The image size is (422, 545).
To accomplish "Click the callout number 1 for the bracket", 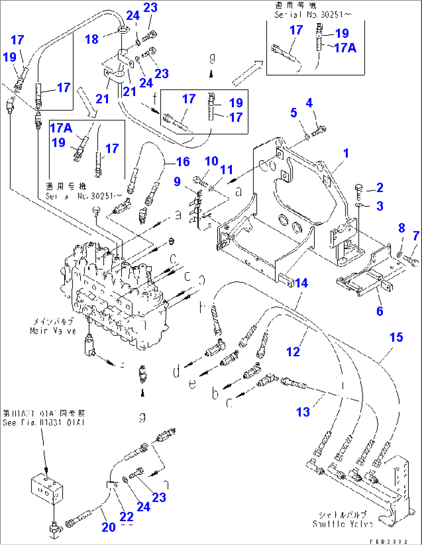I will pos(346,153).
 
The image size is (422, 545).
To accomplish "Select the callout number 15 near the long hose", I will pos(396,337).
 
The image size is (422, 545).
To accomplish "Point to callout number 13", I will pos(303,412).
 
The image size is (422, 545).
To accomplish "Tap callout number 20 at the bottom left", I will pos(108,527).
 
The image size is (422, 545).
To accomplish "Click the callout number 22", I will pos(127,516).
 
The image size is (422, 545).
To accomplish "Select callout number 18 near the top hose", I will pos(92,39).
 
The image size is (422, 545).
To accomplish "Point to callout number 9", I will pos(177,181).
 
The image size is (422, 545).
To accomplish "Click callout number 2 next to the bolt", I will pos(379,188).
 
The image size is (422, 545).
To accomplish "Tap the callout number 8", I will pos(401,228).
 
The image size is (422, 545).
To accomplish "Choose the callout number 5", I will pos(293,113).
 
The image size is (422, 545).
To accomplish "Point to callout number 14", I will pos(301,283).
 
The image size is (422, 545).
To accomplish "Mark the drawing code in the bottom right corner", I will pos(388,542).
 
